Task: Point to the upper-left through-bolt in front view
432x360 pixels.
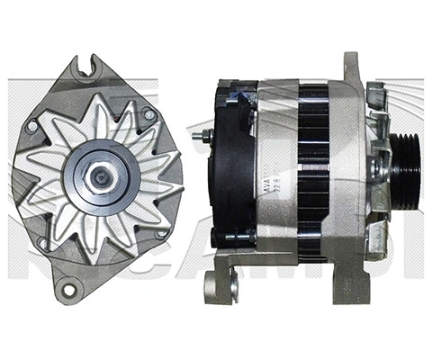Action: pos(32,127)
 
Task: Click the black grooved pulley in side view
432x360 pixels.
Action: pos(404,170)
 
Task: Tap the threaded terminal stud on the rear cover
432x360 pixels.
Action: pos(200,137)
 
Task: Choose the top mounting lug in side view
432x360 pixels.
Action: pos(351,67)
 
